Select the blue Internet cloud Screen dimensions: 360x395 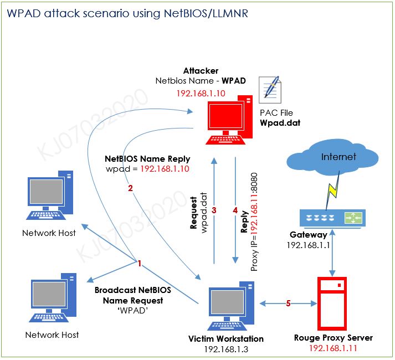tap(331, 158)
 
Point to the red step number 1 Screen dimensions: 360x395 tap(140, 264)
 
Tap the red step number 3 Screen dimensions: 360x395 tap(214, 210)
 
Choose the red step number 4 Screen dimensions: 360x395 tap(235, 210)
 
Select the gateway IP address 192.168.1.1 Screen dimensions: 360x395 tap(308, 245)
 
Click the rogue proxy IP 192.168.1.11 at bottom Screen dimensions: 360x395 tap(332, 348)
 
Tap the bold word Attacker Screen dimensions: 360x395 tap(201, 71)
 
